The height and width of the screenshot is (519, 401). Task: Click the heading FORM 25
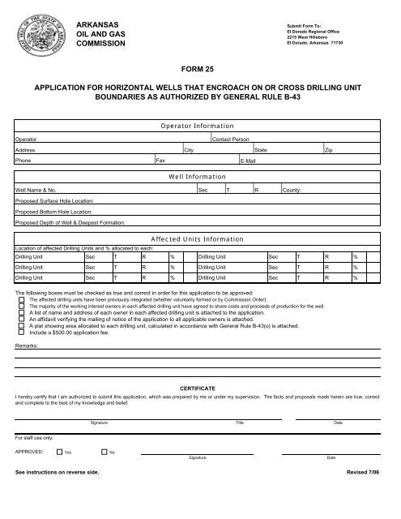point(199,70)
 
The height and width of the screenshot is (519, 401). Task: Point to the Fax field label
point(159,162)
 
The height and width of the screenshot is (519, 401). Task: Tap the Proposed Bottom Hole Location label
point(54,210)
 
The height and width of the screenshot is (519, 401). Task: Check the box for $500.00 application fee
point(21,332)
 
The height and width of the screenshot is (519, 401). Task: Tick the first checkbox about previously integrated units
point(21,298)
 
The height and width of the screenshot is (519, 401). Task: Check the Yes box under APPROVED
point(60,451)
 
